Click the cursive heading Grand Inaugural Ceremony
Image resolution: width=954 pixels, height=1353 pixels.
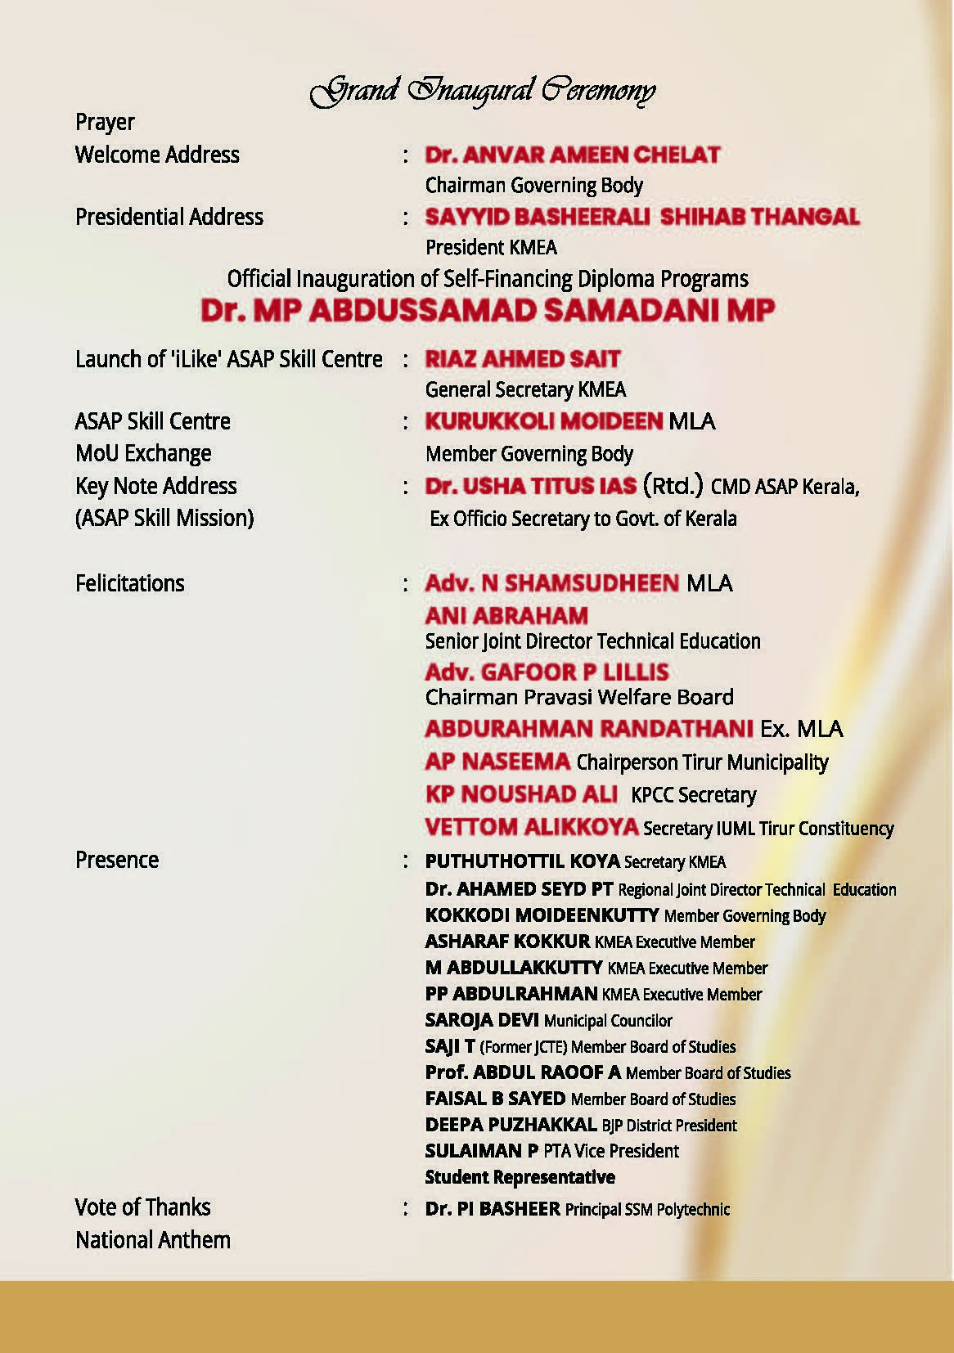click(x=482, y=91)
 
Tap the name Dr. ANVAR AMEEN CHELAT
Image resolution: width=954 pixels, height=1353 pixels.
click(x=572, y=155)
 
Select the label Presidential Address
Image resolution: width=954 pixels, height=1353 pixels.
click(x=169, y=217)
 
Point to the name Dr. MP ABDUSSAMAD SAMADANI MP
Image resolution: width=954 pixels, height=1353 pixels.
click(x=488, y=311)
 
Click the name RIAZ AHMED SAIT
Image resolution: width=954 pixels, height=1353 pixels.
click(x=523, y=359)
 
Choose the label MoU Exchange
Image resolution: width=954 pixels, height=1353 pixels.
click(x=143, y=453)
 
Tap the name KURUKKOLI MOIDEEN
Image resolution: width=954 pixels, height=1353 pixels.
click(x=543, y=421)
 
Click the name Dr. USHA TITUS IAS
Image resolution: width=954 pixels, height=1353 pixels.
click(x=530, y=486)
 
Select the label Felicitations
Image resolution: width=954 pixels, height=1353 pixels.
click(x=130, y=583)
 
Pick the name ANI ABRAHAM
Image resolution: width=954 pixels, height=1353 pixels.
click(x=506, y=615)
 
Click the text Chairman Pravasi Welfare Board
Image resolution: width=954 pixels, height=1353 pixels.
click(x=579, y=697)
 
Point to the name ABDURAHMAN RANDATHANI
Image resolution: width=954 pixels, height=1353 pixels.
click(x=589, y=728)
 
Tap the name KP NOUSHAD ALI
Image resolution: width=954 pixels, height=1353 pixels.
click(x=521, y=794)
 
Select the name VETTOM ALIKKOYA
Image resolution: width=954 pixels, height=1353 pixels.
click(x=531, y=827)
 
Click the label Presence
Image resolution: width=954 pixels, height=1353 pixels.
click(x=117, y=860)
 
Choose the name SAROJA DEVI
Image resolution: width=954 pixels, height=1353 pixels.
click(x=482, y=1020)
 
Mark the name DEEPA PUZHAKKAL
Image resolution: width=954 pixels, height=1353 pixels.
click(x=511, y=1125)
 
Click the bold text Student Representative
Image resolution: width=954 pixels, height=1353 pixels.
click(x=520, y=1177)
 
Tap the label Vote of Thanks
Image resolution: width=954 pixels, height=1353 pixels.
click(x=142, y=1207)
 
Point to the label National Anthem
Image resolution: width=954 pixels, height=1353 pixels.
click(x=153, y=1240)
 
